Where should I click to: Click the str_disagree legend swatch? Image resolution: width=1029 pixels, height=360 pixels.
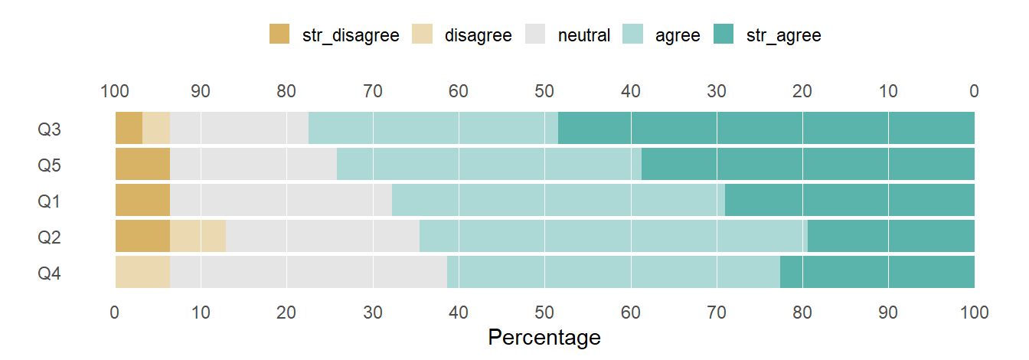pyautogui.click(x=279, y=34)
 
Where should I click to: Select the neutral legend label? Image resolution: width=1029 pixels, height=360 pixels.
pyautogui.click(x=584, y=35)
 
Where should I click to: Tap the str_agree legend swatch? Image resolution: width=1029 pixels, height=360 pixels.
pyautogui.click(x=724, y=34)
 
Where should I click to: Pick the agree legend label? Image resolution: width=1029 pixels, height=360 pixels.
pyautogui.click(x=678, y=35)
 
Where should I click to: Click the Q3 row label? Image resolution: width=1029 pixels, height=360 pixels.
pyautogui.click(x=49, y=129)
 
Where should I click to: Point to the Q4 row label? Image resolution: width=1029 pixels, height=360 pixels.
pyautogui.click(x=49, y=273)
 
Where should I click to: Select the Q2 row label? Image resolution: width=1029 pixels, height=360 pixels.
pyautogui.click(x=49, y=237)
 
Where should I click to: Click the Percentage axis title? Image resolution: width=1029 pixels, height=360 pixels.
pyautogui.click(x=544, y=338)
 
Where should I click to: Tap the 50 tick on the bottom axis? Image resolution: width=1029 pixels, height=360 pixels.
pyautogui.click(x=544, y=312)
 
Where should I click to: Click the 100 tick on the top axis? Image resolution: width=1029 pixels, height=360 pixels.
pyautogui.click(x=115, y=92)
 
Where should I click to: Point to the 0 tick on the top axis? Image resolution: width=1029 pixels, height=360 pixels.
pyautogui.click(x=974, y=92)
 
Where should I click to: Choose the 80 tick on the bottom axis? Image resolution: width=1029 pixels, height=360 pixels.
pyautogui.click(x=802, y=312)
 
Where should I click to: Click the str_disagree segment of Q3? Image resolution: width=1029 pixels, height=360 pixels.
pyautogui.click(x=129, y=128)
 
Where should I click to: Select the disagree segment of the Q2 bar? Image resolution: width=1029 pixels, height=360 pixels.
pyautogui.click(x=198, y=236)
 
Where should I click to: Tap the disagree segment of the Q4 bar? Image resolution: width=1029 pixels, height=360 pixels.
pyautogui.click(x=142, y=272)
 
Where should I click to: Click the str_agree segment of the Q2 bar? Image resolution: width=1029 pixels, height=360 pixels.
pyautogui.click(x=891, y=236)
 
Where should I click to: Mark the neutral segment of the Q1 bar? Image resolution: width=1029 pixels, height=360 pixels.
pyautogui.click(x=281, y=200)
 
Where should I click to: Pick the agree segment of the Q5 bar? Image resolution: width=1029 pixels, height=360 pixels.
pyautogui.click(x=489, y=164)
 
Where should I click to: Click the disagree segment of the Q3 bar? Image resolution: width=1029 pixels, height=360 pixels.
pyautogui.click(x=156, y=128)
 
